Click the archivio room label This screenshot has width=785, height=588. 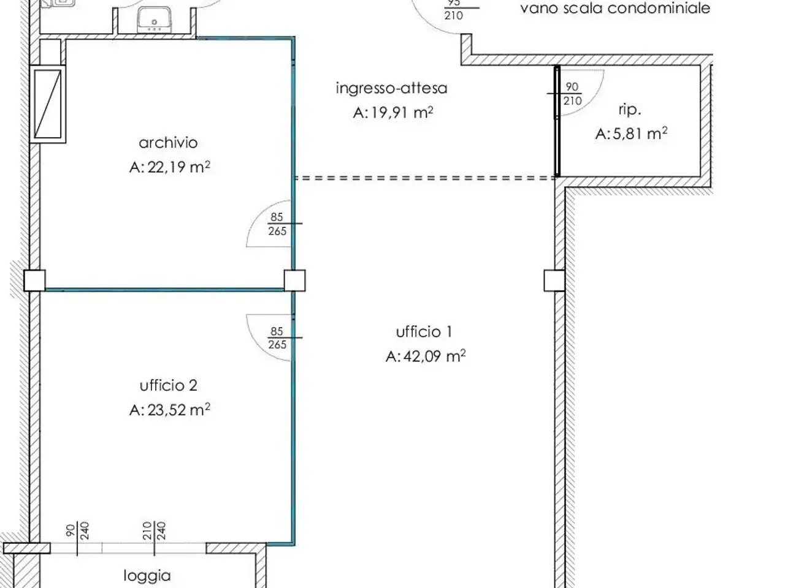(x=168, y=143)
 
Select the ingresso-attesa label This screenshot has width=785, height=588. (x=392, y=88)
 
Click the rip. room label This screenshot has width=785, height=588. (x=630, y=110)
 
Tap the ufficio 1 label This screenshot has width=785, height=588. (x=424, y=332)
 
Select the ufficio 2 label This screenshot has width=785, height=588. (x=169, y=386)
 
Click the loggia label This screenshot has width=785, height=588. (x=147, y=576)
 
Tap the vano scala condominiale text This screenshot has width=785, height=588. (x=615, y=8)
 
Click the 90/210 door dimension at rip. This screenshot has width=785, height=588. (x=572, y=94)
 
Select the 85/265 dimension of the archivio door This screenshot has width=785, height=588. (x=278, y=224)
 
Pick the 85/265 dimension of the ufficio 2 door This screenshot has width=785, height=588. (x=278, y=337)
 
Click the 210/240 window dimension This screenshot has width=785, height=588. (x=155, y=531)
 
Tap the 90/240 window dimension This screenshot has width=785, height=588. (x=78, y=531)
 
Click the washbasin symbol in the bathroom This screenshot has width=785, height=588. (x=155, y=20)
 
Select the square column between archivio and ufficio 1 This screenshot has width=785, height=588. (x=295, y=281)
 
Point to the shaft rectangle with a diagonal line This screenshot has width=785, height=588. (x=48, y=104)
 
